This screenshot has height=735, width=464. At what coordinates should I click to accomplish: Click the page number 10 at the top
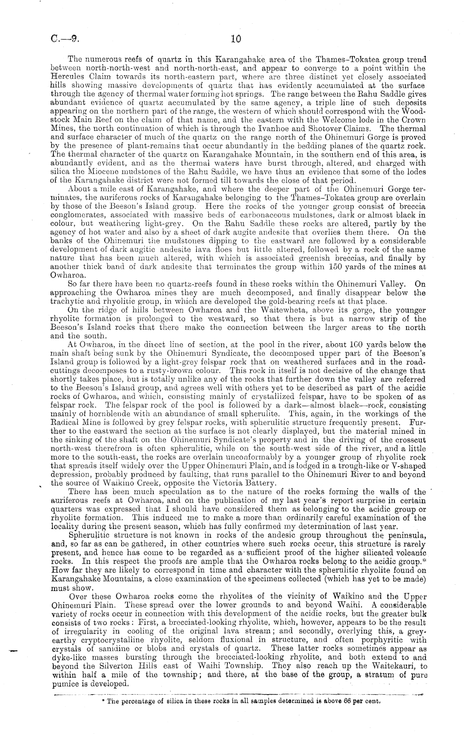pos(235,40)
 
